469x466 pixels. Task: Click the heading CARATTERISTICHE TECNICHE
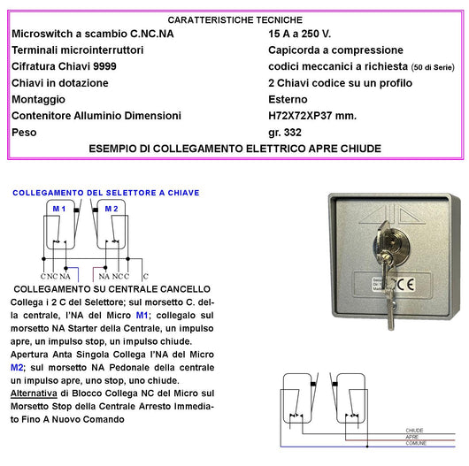234,19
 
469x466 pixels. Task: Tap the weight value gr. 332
288,132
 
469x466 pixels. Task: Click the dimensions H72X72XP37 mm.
318,115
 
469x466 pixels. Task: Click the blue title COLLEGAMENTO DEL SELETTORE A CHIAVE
105,193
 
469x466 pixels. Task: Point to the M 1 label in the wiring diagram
58,209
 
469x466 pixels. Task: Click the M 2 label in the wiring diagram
111,209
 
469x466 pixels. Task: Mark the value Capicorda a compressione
335,50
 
